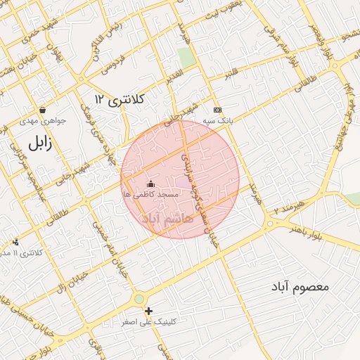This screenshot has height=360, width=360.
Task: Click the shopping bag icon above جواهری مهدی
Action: pos(44,110)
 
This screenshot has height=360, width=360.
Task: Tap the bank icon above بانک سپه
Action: pos(217,110)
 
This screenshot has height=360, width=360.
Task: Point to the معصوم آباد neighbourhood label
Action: pos(303,287)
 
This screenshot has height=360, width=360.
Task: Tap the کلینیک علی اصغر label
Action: pos(148,321)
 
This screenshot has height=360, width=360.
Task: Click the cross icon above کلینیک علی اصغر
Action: pos(148,311)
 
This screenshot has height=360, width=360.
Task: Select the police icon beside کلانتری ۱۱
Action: pos(15,242)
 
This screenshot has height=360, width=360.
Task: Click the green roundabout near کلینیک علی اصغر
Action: pos(139,299)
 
